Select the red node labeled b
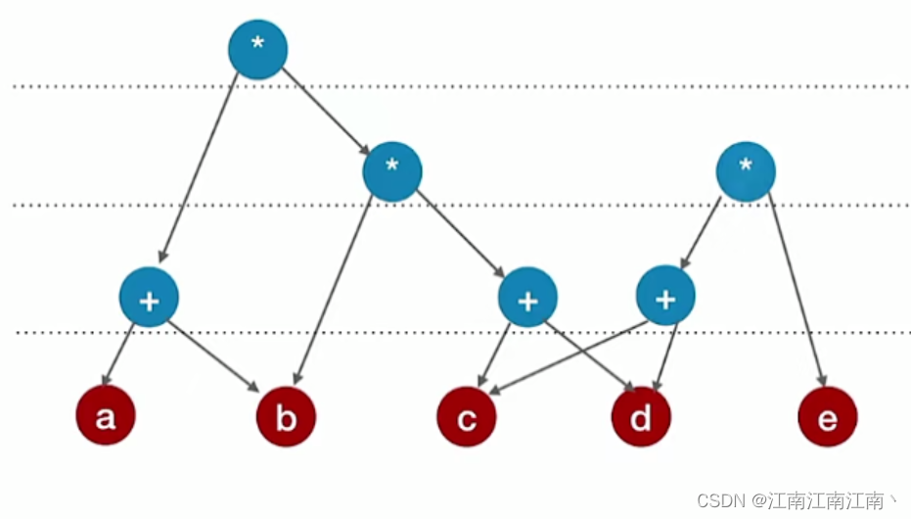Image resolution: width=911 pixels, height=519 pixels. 286,417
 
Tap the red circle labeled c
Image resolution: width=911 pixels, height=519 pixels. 467,417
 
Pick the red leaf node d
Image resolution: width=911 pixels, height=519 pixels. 641,417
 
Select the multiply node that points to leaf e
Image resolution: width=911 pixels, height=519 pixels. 746,171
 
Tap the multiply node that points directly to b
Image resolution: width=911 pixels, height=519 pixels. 391,171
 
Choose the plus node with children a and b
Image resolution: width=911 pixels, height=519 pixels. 149,297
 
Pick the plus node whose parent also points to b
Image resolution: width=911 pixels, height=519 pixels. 527,297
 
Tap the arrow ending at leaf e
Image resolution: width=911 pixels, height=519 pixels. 797,294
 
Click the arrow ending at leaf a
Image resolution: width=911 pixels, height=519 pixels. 120,354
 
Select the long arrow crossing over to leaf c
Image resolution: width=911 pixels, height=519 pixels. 568,356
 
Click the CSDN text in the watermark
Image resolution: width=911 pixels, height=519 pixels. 718,501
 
